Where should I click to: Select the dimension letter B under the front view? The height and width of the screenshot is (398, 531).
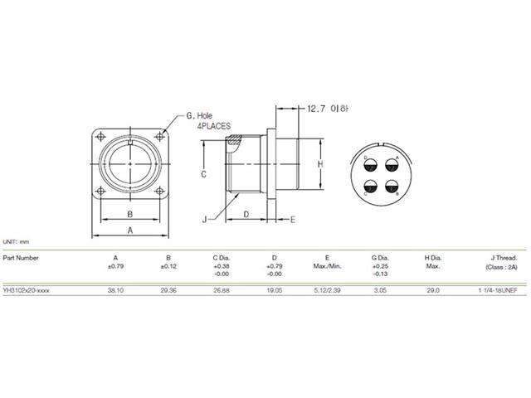click(130, 212)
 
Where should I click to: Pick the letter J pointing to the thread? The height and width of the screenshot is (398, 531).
click(203, 219)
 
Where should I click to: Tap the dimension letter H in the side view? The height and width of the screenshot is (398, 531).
click(320, 165)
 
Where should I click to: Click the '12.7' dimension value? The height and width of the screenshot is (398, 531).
click(319, 108)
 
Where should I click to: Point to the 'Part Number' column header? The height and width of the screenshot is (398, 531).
click(20, 258)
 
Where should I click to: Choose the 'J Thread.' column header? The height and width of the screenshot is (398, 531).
click(500, 258)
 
